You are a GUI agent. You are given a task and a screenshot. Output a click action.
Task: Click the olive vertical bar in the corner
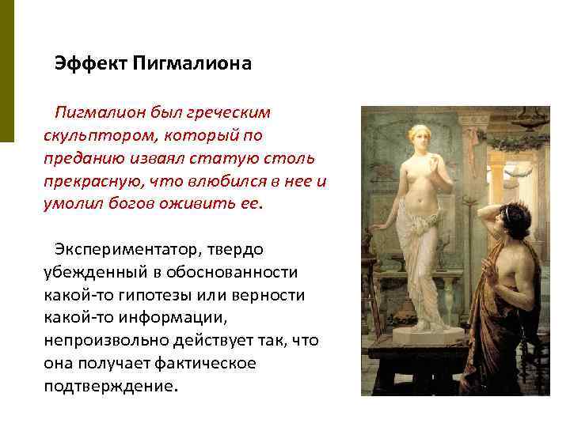(6, 71)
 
